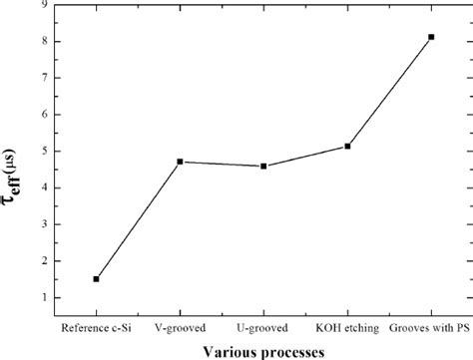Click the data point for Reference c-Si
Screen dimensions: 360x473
(96, 279)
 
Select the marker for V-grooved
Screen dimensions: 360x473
(180, 162)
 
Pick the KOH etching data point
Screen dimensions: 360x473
(347, 147)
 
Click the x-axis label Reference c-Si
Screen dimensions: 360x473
(96, 326)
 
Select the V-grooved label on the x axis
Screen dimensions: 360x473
(180, 326)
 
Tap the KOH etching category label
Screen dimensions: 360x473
(347, 326)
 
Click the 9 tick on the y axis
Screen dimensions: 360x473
(47, 5)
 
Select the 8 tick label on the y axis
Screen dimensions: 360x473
(47, 42)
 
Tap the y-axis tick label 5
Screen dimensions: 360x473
(47, 152)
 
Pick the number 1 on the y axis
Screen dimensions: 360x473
(47, 298)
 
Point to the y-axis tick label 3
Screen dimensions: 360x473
(47, 224)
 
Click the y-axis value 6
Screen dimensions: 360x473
(47, 115)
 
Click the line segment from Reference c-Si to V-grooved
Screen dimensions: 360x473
(138, 220)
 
